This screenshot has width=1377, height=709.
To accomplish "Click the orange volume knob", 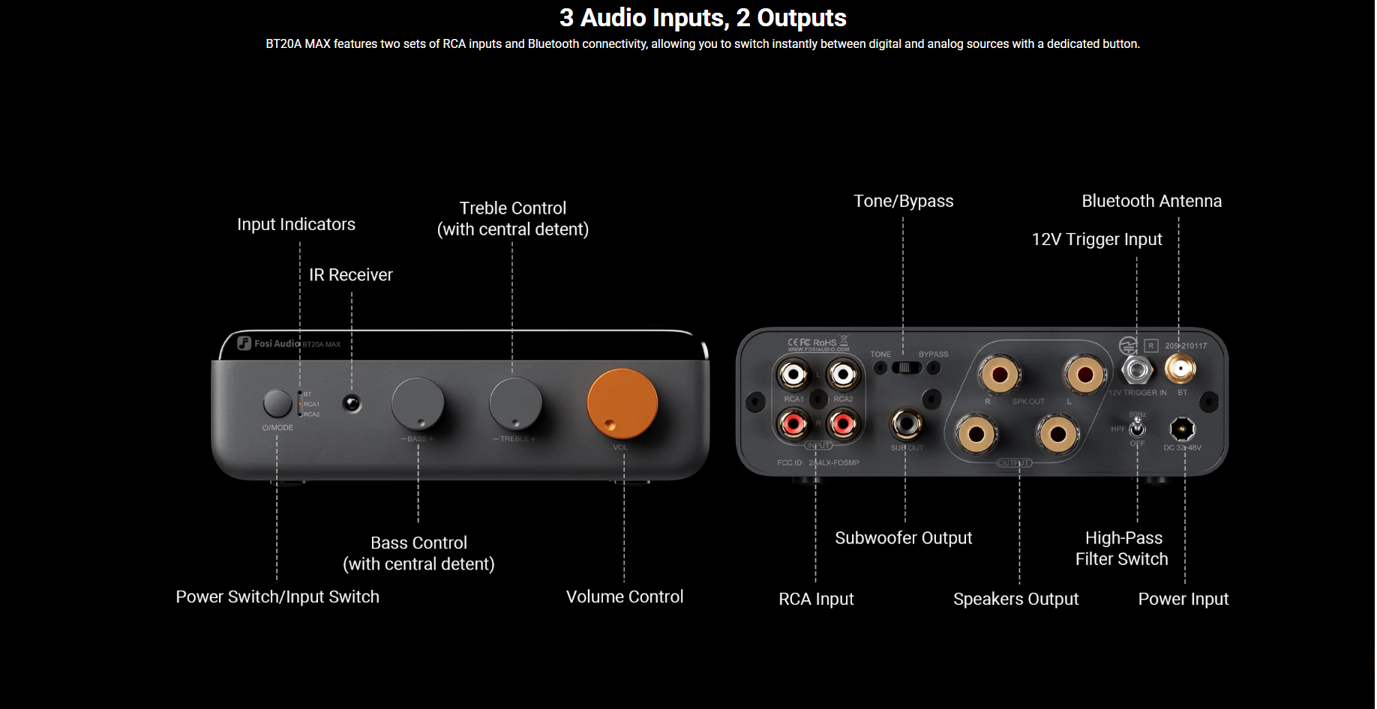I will [622, 403].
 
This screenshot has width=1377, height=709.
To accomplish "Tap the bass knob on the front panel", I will [418, 403].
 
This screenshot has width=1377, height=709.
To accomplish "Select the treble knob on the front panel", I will [515, 403].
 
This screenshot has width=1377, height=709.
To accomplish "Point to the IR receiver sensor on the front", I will [351, 404].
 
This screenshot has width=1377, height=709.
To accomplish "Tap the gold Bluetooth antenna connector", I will [1180, 368].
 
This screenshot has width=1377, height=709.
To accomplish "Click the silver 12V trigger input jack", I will [1136, 369].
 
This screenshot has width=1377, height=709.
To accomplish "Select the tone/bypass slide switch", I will [906, 367].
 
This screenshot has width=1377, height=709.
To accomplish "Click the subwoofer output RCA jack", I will [905, 424].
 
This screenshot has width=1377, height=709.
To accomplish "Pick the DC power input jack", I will [1182, 429].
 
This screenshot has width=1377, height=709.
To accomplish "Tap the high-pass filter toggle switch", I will [1137, 427].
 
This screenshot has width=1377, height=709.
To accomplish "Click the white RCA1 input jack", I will [793, 374].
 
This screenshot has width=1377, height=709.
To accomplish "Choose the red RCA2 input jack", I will [843, 425].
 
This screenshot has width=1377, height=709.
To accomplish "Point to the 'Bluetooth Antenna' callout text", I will [1151, 201].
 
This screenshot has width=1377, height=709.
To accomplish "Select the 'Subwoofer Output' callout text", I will [903, 538].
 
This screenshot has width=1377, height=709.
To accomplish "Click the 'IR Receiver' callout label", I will [350, 275].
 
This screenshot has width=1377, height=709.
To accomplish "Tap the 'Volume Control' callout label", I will [624, 597].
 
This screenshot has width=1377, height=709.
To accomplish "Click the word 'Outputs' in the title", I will [802, 17].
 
